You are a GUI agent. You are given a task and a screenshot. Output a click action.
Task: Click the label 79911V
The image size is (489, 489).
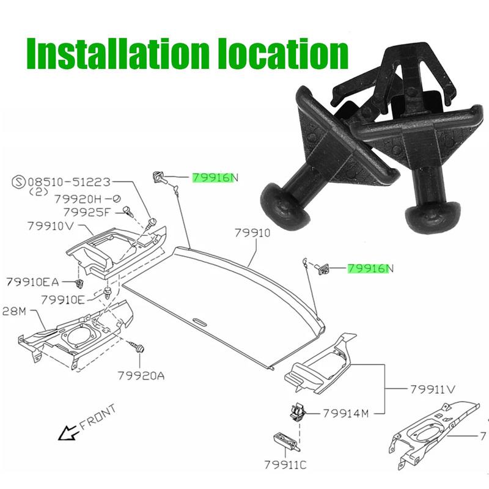433,389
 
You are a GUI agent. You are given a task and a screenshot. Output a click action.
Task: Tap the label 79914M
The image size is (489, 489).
345,413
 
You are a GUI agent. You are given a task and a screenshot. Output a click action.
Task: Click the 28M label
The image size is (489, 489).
13,311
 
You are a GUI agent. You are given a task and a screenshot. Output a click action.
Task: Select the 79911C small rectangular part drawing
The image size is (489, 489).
284,440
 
